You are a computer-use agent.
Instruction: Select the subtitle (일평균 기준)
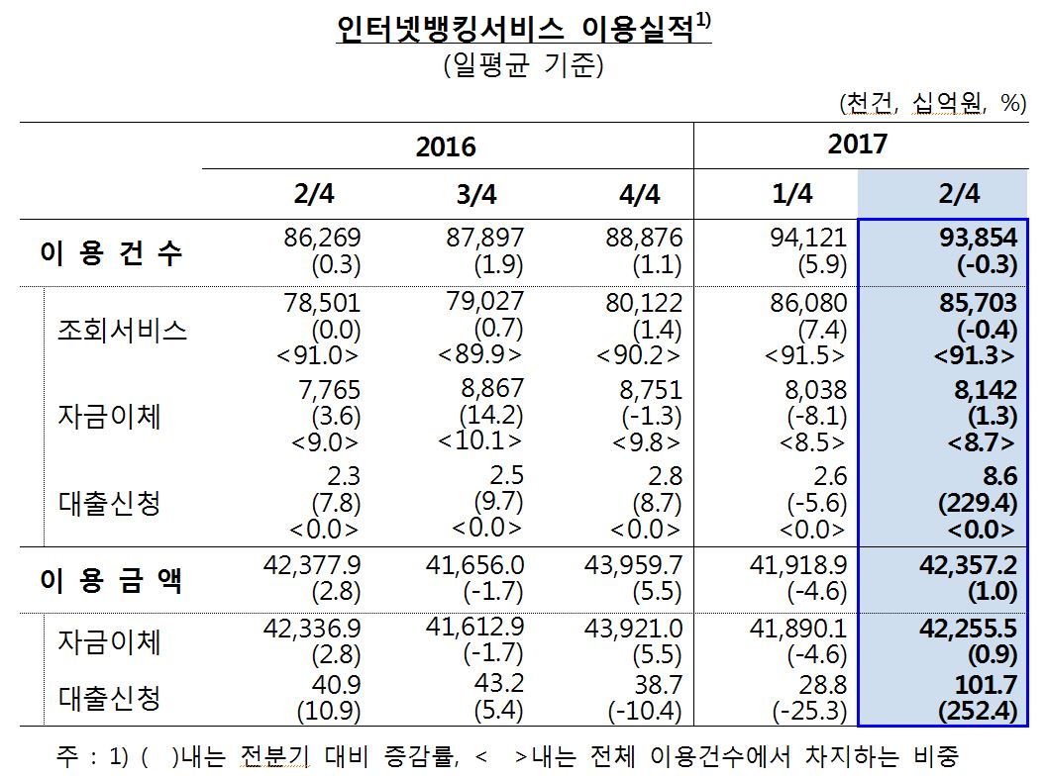(x=523, y=68)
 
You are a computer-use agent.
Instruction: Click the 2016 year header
(x=446, y=147)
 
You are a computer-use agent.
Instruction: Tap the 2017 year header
(x=858, y=145)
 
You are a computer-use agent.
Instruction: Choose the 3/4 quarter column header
(x=476, y=194)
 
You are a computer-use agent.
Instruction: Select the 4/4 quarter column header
(x=639, y=194)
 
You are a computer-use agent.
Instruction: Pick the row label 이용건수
(x=111, y=252)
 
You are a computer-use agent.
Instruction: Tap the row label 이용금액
(x=111, y=581)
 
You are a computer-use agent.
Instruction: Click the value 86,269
(x=322, y=239)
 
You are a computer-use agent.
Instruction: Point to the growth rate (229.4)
(x=977, y=504)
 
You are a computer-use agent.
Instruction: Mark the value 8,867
(x=491, y=388)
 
